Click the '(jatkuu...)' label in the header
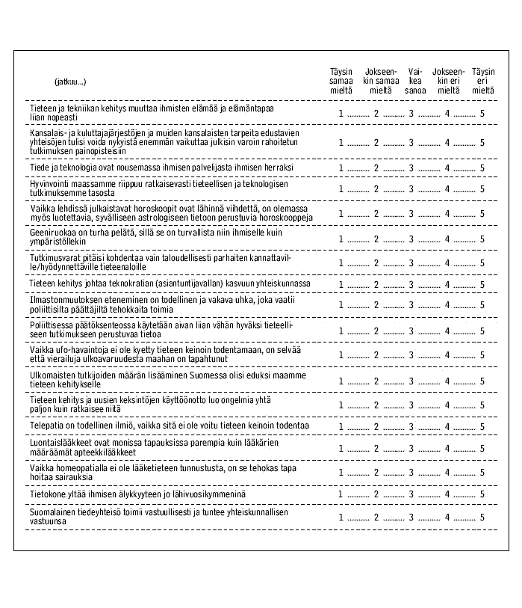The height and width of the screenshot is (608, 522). (x=70, y=81)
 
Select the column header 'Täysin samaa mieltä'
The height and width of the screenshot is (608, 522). (x=341, y=80)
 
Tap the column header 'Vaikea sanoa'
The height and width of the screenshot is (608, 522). (x=415, y=80)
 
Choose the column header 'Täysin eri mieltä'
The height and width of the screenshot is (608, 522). (x=483, y=80)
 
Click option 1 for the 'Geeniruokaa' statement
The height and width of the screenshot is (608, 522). (x=341, y=239)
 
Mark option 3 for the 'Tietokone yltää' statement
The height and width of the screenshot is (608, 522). (x=411, y=495)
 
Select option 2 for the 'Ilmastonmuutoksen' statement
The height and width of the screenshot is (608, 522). (x=377, y=304)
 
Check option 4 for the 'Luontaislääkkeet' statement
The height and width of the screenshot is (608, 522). (x=447, y=449)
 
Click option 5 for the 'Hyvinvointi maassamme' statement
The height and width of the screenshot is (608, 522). (x=482, y=189)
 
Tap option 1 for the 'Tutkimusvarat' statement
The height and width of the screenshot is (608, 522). (x=341, y=263)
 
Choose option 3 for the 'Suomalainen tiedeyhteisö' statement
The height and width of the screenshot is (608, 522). (x=411, y=517)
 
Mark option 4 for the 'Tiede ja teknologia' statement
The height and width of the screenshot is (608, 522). (x=447, y=168)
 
